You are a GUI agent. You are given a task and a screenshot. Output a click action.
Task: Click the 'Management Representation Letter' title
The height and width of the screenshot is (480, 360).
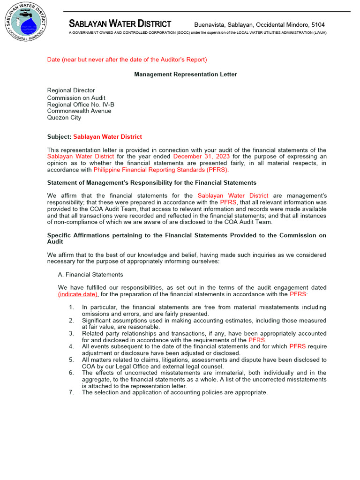point(186,75)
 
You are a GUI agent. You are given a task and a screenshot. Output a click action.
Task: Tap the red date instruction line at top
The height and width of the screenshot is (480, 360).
point(127,60)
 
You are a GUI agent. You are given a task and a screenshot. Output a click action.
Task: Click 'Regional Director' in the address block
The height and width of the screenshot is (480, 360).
point(71,90)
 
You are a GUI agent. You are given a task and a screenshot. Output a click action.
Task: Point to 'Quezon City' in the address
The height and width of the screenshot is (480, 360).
point(64,118)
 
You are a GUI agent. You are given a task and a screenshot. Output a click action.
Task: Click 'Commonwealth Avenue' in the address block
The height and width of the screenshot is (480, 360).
point(79,111)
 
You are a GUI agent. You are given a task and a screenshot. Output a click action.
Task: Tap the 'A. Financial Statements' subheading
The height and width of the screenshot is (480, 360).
point(90,275)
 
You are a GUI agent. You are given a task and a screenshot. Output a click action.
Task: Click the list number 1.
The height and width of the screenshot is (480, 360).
point(71,307)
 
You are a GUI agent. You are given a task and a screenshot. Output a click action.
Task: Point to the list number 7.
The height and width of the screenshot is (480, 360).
point(71,393)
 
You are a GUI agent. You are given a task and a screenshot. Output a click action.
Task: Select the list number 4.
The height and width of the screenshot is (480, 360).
point(71,347)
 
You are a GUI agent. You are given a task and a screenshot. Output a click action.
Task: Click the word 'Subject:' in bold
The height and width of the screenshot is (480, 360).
point(59,137)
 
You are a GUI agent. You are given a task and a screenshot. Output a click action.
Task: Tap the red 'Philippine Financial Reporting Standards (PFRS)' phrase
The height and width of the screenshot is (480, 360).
point(161,170)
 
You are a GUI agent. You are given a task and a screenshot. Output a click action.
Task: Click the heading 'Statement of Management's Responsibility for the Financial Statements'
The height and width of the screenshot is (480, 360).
point(152,183)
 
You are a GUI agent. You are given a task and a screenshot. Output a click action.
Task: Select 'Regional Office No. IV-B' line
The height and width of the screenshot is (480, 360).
point(81,105)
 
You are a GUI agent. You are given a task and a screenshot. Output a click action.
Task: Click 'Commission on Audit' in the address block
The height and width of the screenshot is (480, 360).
point(75,98)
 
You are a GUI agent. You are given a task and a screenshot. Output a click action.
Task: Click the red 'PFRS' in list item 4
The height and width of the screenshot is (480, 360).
point(298,347)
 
